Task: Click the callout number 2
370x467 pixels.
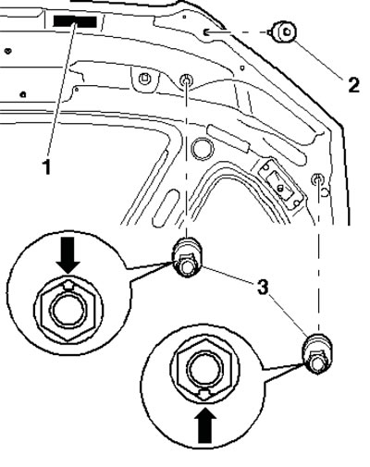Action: [x=353, y=85]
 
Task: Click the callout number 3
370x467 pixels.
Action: [x=263, y=289]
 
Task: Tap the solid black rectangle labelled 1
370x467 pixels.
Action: [x=75, y=21]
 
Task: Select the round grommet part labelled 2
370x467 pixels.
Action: [x=284, y=32]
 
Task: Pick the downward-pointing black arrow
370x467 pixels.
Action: [x=68, y=254]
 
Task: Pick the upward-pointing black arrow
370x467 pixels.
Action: [x=205, y=425]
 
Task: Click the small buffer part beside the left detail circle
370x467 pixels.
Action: [x=186, y=257]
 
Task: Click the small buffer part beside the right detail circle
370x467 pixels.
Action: [x=317, y=353]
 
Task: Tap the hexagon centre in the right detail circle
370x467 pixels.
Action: [x=205, y=368]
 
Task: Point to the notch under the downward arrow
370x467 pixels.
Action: [x=68, y=285]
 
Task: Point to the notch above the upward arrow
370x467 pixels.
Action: [x=205, y=394]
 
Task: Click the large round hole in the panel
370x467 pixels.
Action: [x=203, y=148]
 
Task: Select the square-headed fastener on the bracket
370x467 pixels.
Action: [x=143, y=79]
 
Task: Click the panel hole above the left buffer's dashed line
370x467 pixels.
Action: [x=186, y=80]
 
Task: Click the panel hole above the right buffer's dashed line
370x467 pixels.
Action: [x=317, y=178]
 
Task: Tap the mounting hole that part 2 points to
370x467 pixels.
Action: [x=205, y=31]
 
